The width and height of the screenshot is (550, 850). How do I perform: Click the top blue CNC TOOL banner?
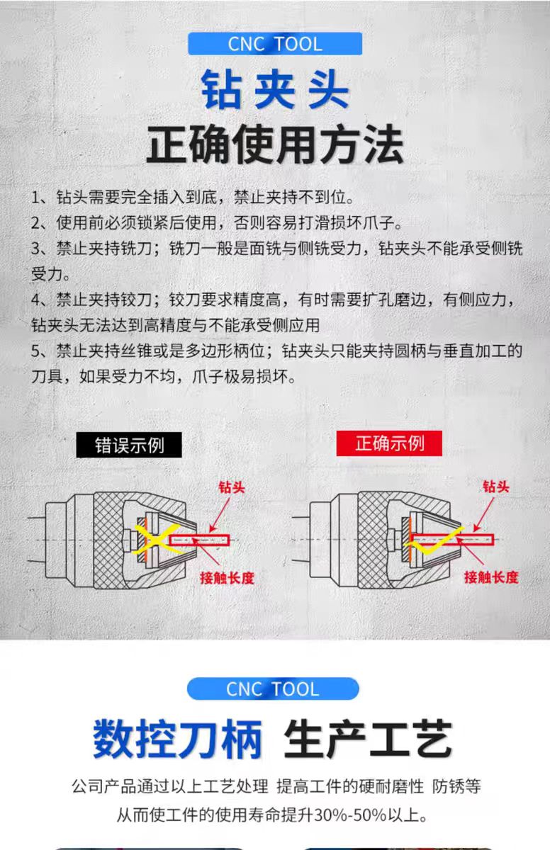tap(274, 44)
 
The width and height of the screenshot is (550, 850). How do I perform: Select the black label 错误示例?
tap(129, 445)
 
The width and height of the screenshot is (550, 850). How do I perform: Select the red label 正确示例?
tap(389, 443)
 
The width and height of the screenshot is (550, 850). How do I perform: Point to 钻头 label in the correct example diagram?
tap(496, 487)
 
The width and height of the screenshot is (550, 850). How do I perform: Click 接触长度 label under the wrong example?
tap(227, 578)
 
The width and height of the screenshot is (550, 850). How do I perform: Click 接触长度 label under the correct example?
tap(491, 577)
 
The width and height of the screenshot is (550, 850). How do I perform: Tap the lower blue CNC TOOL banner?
tap(273, 688)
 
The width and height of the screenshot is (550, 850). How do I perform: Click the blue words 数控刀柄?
tap(178, 739)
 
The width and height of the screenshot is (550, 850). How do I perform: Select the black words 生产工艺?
tap(367, 739)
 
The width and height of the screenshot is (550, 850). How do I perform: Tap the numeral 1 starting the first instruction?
tap(36, 197)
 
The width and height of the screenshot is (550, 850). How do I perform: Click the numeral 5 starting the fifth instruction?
tap(36, 351)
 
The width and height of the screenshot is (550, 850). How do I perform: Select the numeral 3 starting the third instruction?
tap(36, 249)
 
